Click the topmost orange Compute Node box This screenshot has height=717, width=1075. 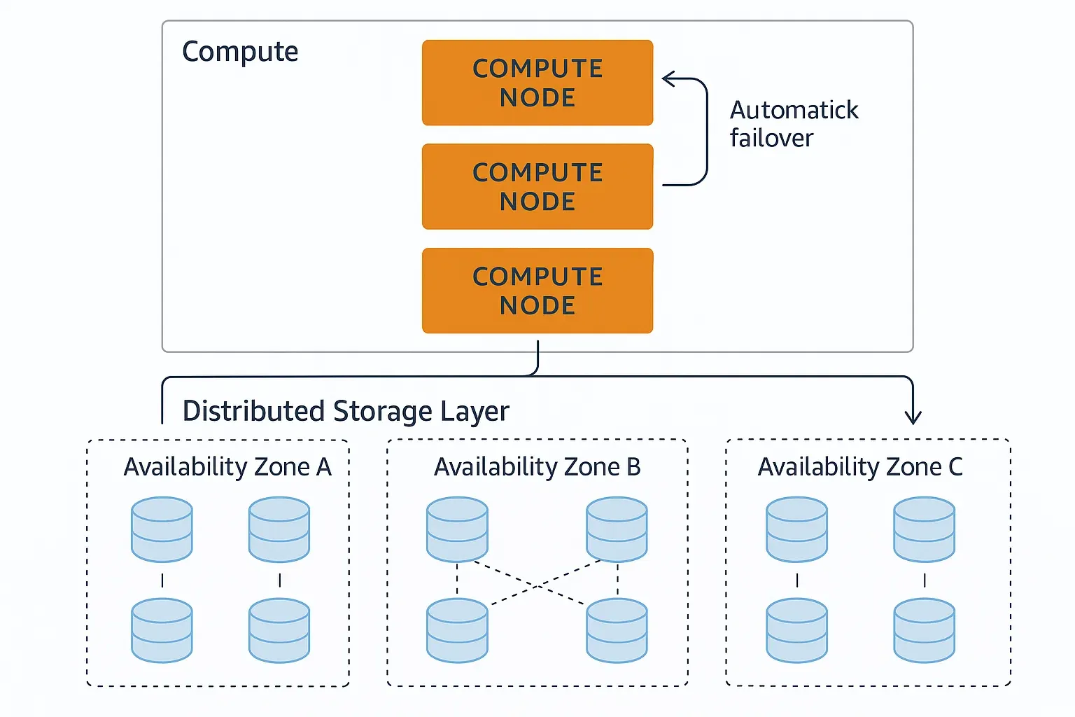click(537, 83)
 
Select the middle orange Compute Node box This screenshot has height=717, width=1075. click(537, 186)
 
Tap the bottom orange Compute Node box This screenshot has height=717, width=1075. click(537, 291)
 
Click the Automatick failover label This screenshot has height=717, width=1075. click(794, 124)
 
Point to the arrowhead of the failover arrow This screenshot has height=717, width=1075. click(666, 79)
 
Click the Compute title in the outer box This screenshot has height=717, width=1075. click(240, 52)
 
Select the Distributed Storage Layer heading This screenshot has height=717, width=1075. click(346, 411)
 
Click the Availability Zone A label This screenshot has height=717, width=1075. click(227, 466)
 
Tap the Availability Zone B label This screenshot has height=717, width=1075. click(537, 466)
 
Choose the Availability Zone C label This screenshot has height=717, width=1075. click(860, 466)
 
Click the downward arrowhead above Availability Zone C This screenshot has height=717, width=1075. click(913, 419)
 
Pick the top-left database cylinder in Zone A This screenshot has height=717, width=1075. click(162, 529)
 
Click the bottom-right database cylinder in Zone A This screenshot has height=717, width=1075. click(279, 630)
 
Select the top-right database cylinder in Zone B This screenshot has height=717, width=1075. click(617, 529)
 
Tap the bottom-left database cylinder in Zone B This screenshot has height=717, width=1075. click(457, 630)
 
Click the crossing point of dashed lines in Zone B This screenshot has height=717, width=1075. click(537, 585)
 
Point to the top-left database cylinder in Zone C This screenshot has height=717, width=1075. click(796, 529)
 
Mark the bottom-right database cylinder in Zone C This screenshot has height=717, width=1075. click(924, 630)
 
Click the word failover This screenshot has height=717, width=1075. click(771, 138)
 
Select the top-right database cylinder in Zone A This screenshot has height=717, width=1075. click(279, 529)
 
